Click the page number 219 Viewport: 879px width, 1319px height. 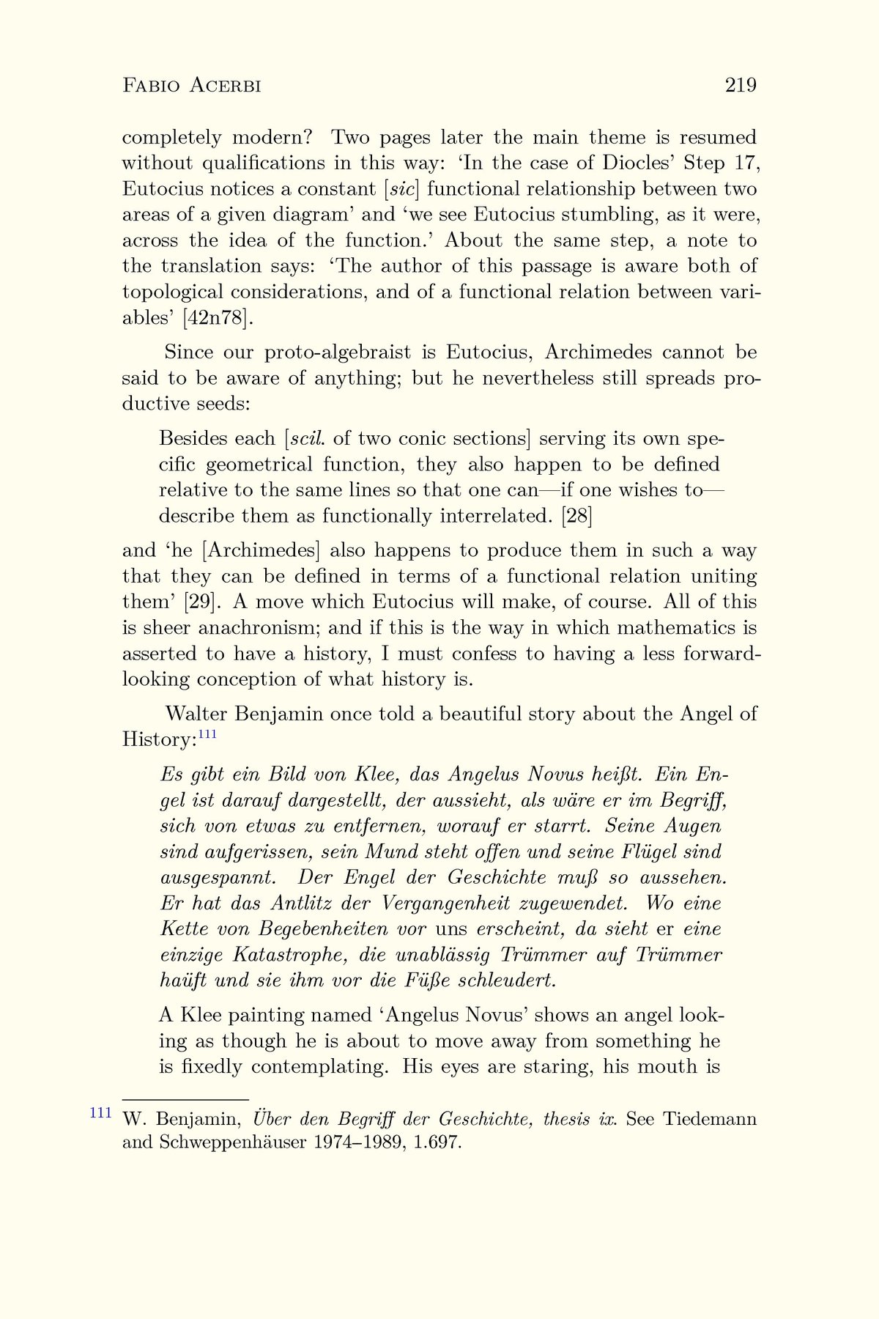tap(741, 86)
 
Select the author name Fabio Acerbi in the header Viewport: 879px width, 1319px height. tap(192, 86)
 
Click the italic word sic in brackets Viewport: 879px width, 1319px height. tap(401, 189)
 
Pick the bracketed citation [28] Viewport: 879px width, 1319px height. tap(576, 516)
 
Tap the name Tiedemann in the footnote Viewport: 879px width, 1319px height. tap(710, 1120)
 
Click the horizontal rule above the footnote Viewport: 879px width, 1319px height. tap(185, 1099)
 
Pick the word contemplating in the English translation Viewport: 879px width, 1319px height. tap(319, 1066)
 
